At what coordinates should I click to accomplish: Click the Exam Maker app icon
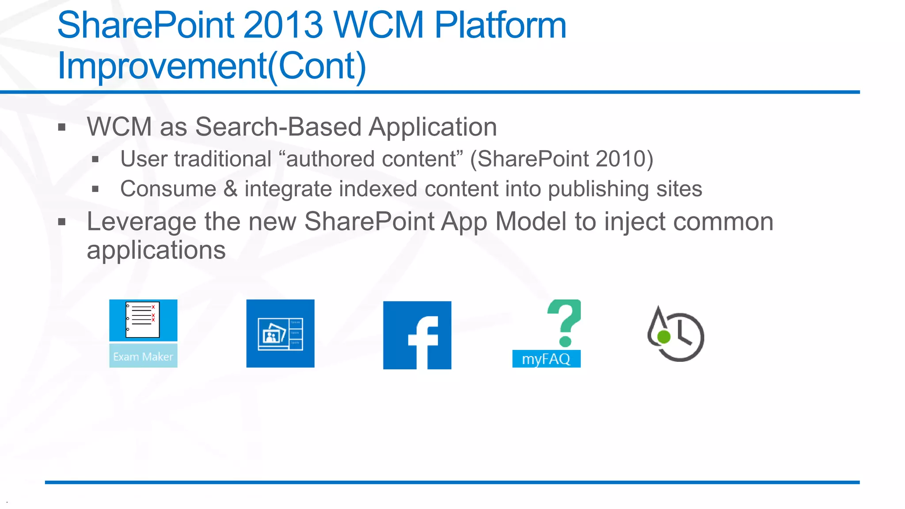click(143, 333)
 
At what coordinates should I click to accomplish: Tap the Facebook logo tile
click(417, 335)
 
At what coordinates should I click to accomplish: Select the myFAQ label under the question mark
click(546, 359)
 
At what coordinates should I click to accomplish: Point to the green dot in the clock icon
click(664, 337)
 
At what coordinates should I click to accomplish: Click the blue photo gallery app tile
click(280, 333)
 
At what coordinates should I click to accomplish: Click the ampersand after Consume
click(230, 189)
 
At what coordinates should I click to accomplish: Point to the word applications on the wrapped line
click(156, 250)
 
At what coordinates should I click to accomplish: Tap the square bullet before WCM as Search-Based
click(62, 128)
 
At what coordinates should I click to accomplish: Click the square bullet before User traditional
click(95, 160)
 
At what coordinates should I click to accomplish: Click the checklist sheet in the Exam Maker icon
click(142, 319)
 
